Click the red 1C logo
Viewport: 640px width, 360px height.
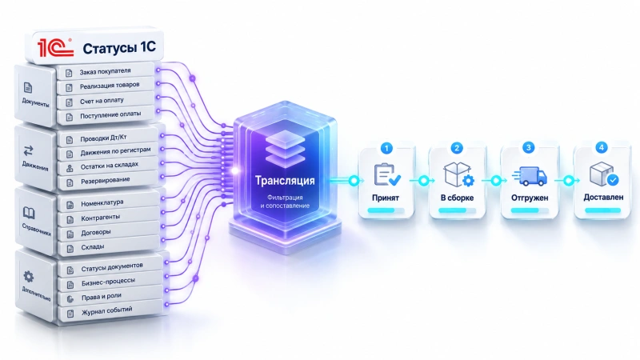click(55, 47)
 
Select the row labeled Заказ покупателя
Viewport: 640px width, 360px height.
click(106, 71)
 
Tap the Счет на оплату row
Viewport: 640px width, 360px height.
click(106, 101)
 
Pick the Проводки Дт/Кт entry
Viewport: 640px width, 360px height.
click(107, 138)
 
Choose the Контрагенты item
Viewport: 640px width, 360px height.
click(108, 218)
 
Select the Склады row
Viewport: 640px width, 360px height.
click(108, 247)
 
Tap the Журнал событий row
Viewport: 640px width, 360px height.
click(111, 311)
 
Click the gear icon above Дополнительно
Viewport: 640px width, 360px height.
click(29, 277)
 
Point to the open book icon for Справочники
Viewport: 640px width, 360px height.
click(29, 213)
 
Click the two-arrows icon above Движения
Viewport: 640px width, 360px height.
click(28, 151)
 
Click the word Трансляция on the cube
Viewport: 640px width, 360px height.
click(285, 181)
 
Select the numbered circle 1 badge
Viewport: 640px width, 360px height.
click(386, 148)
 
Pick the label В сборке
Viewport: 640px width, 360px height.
click(457, 198)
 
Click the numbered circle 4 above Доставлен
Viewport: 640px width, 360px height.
click(602, 147)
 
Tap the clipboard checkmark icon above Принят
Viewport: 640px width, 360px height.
click(387, 174)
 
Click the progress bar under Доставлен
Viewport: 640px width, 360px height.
click(603, 210)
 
